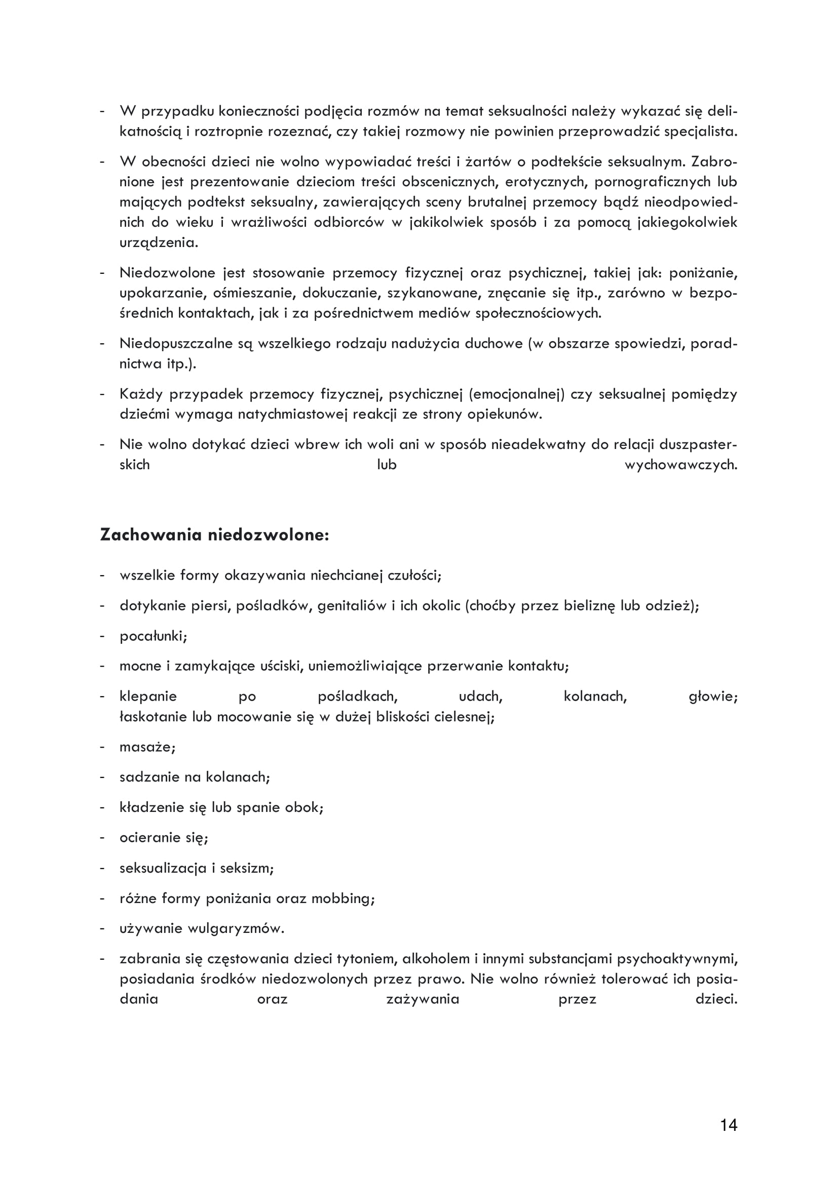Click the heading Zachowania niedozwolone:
tap(214, 535)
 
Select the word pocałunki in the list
tap(152, 636)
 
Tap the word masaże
tap(146, 747)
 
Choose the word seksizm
tap(246, 868)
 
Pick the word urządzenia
tap(159, 242)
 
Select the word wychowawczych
tap(680, 465)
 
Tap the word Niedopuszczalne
tap(176, 343)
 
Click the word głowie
tap(713, 697)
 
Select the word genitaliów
tap(352, 605)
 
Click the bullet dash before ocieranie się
tap(102, 838)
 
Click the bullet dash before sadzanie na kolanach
tap(102, 777)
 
